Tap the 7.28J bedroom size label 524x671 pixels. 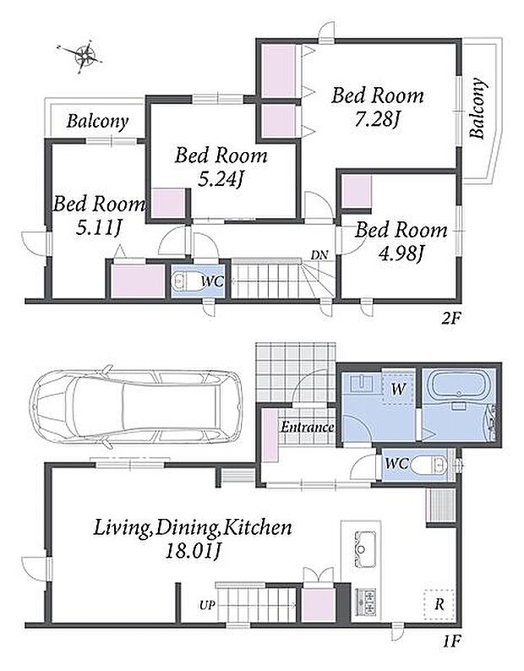click(x=377, y=120)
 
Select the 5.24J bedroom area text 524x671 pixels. click(x=220, y=180)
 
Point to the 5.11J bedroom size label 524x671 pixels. click(x=99, y=228)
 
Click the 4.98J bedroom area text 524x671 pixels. click(x=401, y=254)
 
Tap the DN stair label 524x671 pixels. click(x=319, y=255)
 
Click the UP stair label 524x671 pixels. click(x=207, y=606)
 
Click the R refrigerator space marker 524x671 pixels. click(x=439, y=605)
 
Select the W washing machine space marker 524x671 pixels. click(x=398, y=389)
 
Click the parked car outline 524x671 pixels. click(x=136, y=406)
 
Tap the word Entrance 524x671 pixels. click(x=308, y=427)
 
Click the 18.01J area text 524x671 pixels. click(x=194, y=552)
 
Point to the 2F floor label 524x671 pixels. click(x=450, y=319)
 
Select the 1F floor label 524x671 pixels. click(x=450, y=641)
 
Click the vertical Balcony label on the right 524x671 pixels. click(x=478, y=108)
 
